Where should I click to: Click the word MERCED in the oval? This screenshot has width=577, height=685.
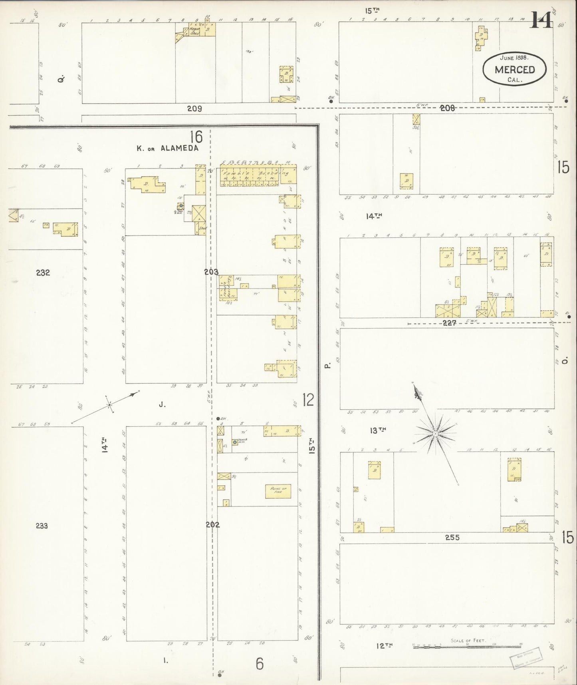coord(514,70)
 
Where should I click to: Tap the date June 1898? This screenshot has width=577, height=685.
coord(514,58)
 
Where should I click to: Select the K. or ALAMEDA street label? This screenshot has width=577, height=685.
coord(167,148)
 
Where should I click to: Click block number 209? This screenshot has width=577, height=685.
coord(194,108)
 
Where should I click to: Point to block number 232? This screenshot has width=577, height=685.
coord(43,273)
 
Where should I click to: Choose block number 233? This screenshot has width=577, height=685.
coord(42,526)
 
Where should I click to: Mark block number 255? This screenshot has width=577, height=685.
coord(452,538)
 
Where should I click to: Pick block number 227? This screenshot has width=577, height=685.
coord(450,323)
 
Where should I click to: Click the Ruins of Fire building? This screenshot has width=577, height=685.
coord(278,491)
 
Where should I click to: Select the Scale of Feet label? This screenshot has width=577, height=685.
coord(468,640)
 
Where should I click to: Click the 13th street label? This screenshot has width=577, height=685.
coord(378,430)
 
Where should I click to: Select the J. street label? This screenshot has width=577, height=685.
coord(162,404)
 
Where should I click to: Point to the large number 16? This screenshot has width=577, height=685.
coord(196,137)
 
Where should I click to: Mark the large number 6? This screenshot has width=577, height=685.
coord(260,663)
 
